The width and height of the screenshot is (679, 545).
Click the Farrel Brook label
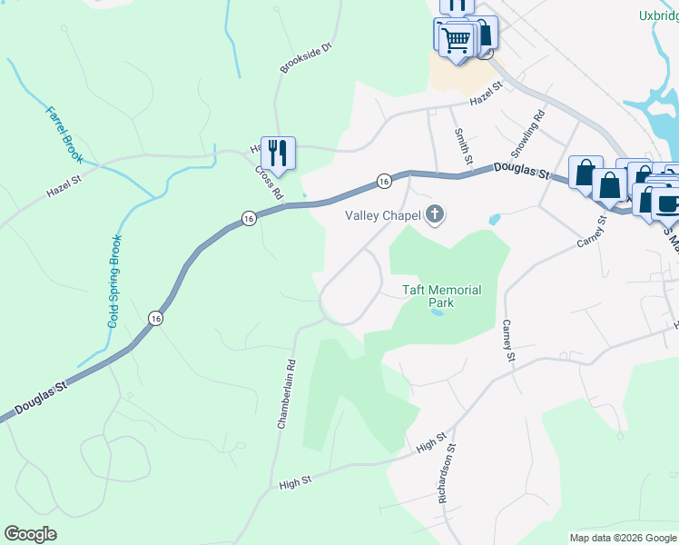(64, 135)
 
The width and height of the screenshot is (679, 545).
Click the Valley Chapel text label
(382, 215)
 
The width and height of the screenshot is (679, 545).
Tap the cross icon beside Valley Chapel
(435, 215)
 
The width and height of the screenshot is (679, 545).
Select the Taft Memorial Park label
(441, 296)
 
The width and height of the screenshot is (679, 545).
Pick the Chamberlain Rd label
(286, 393)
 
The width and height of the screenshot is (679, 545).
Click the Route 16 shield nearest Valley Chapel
(384, 181)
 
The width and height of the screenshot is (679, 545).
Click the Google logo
(31, 534)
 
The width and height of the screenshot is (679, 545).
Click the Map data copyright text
(622, 538)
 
